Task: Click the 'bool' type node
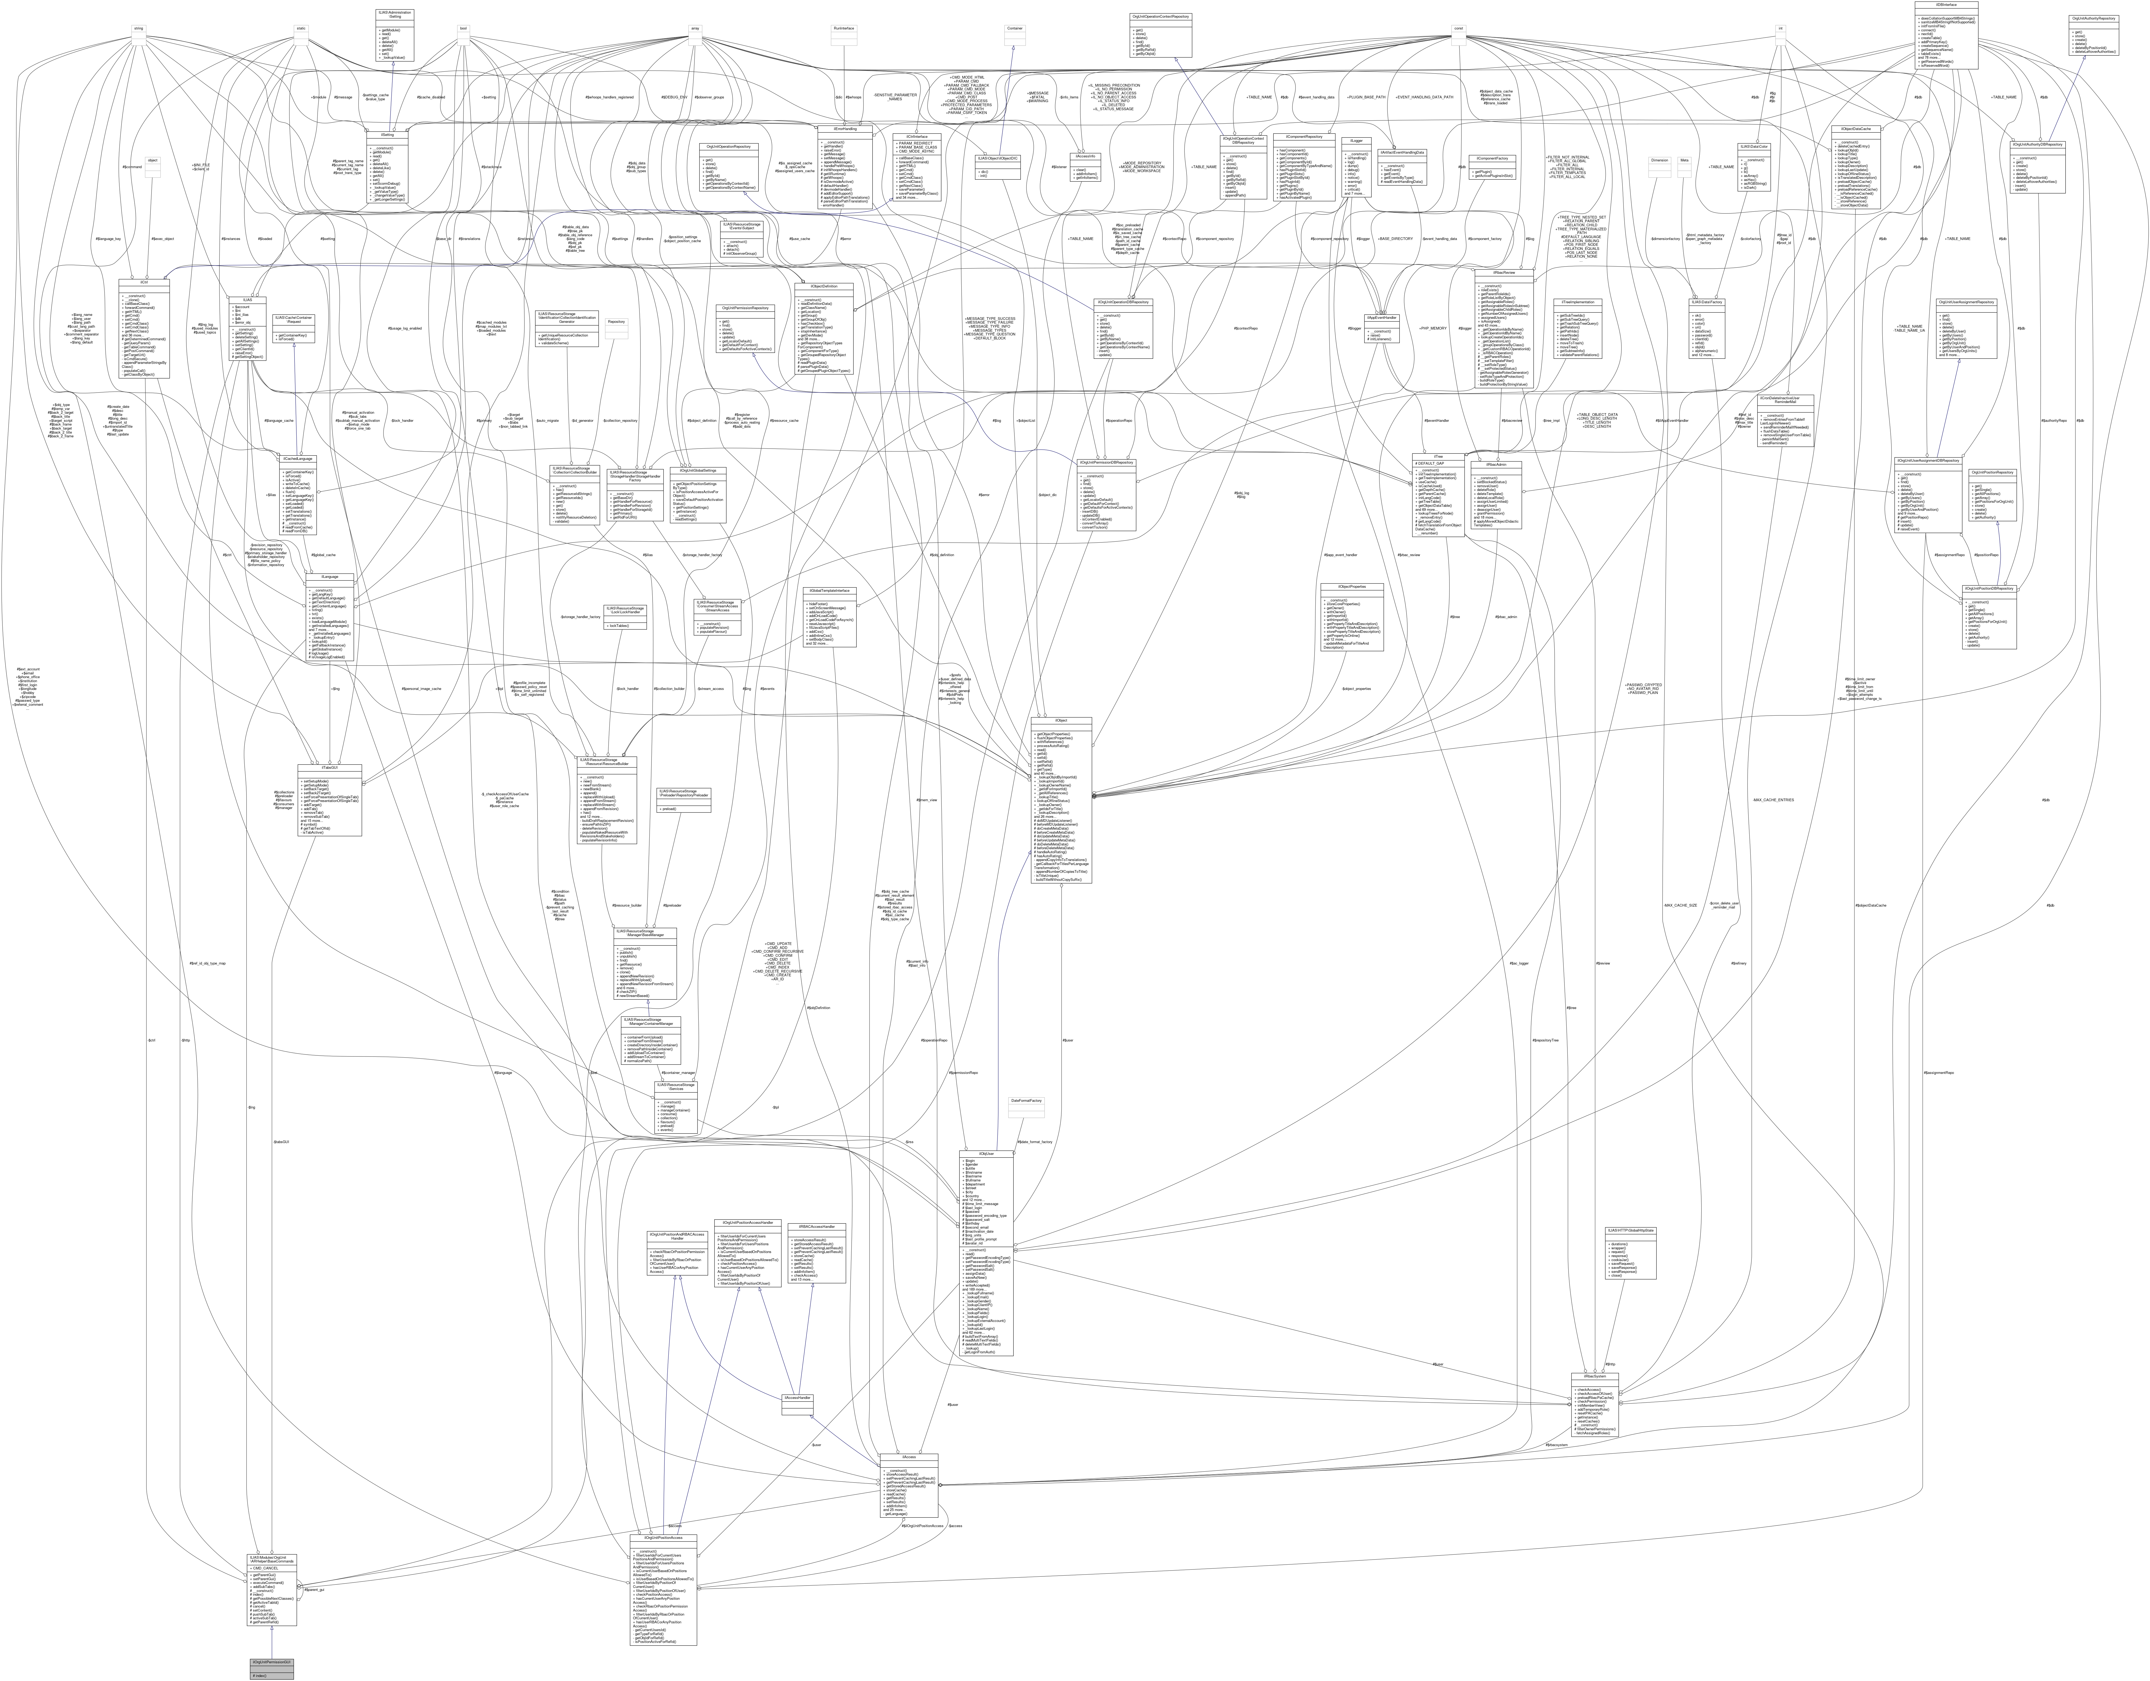click(x=463, y=28)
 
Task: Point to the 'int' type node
click(x=1780, y=28)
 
